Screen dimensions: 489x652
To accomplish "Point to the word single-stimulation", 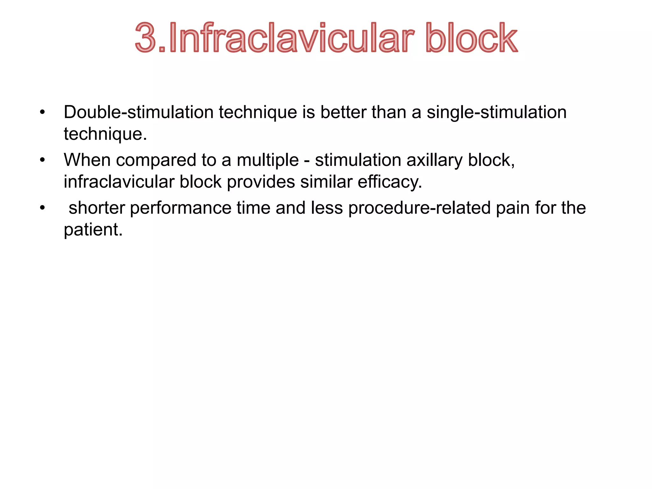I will (x=496, y=112).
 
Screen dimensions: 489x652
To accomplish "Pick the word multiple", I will (x=268, y=160).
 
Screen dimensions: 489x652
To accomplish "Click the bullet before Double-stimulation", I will (x=42, y=112).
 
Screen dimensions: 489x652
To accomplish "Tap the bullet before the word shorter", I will (x=42, y=208).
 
